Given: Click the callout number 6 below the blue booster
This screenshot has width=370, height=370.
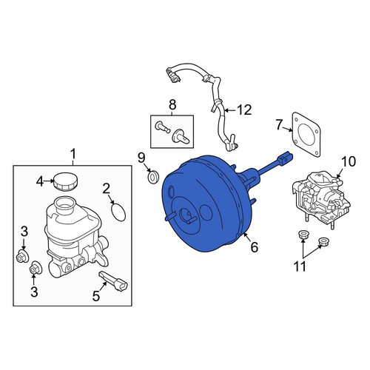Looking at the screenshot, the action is (x=255, y=246).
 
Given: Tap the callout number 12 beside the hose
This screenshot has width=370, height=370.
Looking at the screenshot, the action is (x=244, y=110).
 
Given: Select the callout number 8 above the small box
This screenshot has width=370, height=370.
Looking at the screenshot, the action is (x=172, y=104).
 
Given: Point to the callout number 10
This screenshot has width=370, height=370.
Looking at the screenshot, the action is (x=349, y=161).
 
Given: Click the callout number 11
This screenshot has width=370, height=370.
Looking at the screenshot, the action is (x=300, y=266).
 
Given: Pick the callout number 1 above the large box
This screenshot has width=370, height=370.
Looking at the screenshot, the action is (x=73, y=154).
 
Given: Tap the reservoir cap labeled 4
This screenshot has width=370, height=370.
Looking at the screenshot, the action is (x=66, y=182).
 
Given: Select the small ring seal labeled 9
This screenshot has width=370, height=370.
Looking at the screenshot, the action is (x=153, y=177).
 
